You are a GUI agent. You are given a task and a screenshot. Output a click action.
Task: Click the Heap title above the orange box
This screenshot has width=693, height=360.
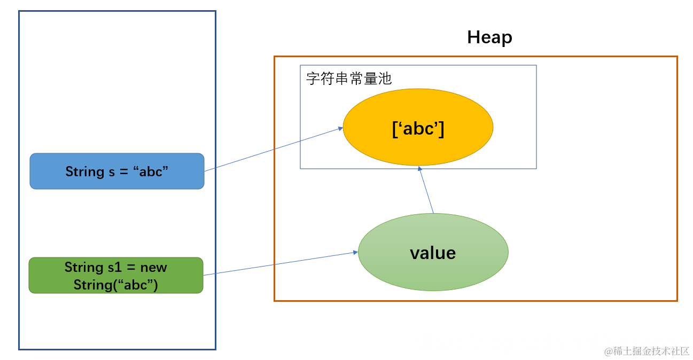(x=489, y=37)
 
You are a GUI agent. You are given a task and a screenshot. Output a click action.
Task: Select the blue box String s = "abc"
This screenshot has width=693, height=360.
(x=116, y=171)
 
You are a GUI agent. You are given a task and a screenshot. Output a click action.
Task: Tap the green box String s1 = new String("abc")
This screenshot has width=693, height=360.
(x=116, y=275)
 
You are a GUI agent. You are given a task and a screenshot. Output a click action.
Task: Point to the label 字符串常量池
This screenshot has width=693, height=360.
(x=349, y=79)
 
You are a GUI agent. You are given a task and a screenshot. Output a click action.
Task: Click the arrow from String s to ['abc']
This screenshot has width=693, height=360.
(x=272, y=150)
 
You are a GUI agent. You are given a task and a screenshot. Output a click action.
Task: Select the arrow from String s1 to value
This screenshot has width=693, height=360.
(x=281, y=263)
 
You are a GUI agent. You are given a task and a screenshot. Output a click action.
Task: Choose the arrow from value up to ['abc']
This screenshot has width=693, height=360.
(x=426, y=190)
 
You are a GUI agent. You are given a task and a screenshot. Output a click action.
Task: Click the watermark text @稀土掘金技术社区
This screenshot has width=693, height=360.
(x=647, y=351)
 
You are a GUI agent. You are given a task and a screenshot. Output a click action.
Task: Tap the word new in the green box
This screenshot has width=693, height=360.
(x=154, y=267)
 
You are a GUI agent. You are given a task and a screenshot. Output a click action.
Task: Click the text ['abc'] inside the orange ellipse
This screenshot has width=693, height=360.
(x=418, y=129)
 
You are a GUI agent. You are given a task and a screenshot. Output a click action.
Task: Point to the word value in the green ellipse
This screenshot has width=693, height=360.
(x=433, y=253)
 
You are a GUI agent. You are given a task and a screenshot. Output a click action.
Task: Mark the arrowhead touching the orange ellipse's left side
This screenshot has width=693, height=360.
(x=340, y=128)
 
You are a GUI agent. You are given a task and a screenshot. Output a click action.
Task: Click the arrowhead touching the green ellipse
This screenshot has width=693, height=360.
(x=355, y=252)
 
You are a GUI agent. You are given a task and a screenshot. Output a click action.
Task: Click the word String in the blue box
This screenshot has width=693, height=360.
(x=84, y=171)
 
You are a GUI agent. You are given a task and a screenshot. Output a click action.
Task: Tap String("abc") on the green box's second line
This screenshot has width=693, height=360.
(x=116, y=285)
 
